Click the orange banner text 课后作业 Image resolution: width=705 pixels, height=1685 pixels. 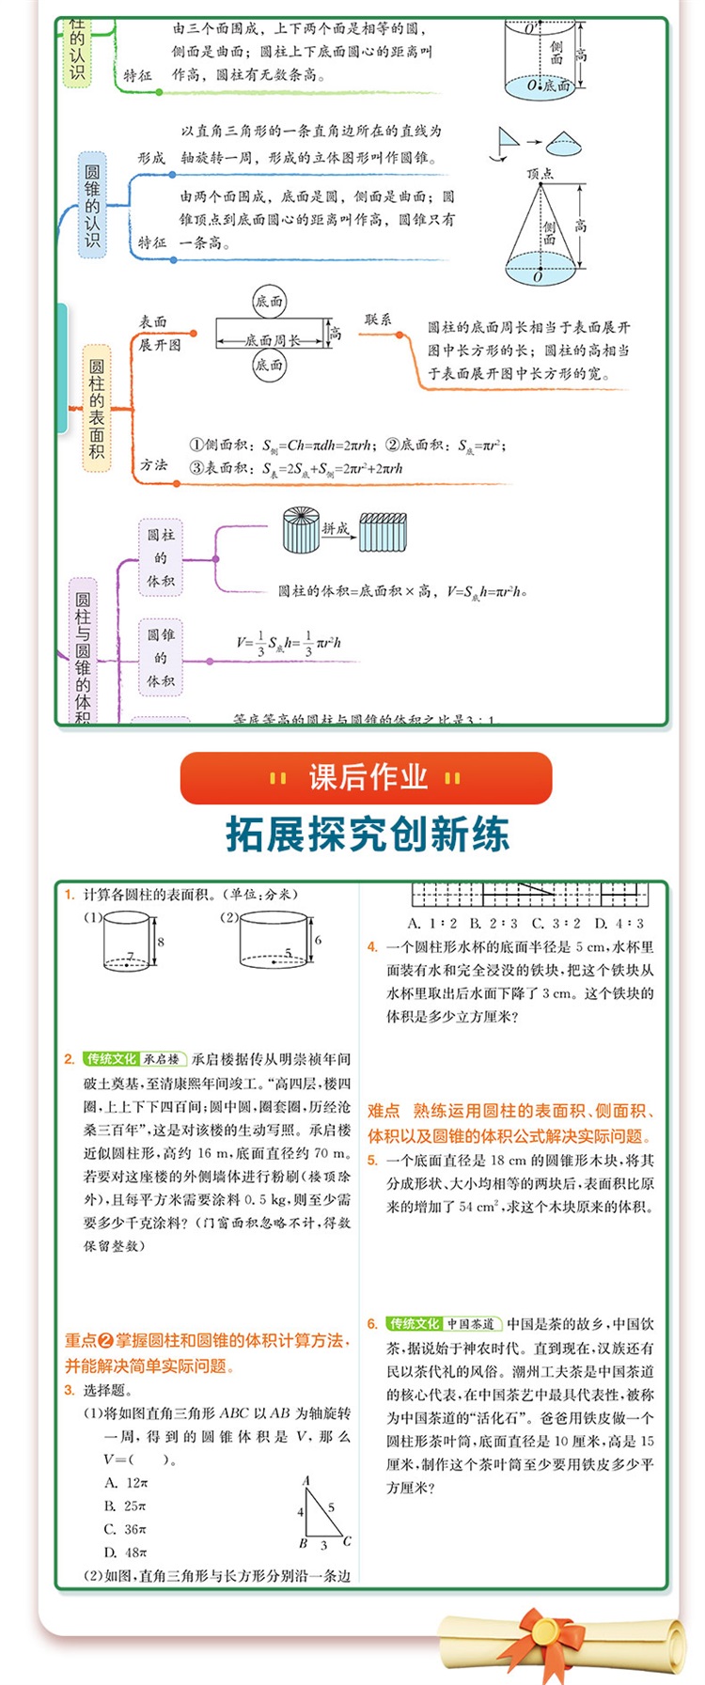click(x=367, y=777)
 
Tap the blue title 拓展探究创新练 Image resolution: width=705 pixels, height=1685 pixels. click(x=368, y=834)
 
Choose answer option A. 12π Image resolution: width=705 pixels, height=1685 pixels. click(x=126, y=1483)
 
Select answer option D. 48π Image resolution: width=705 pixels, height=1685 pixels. click(x=126, y=1552)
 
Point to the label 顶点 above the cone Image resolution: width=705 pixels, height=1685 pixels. click(x=540, y=174)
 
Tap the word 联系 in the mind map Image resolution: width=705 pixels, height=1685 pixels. click(x=378, y=320)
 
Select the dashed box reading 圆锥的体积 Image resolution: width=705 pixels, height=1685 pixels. click(x=161, y=657)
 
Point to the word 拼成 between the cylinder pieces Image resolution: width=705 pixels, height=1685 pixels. click(x=335, y=529)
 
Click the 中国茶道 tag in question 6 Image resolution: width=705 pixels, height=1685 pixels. click(x=470, y=1324)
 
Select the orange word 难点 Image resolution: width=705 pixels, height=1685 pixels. click(x=384, y=1111)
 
